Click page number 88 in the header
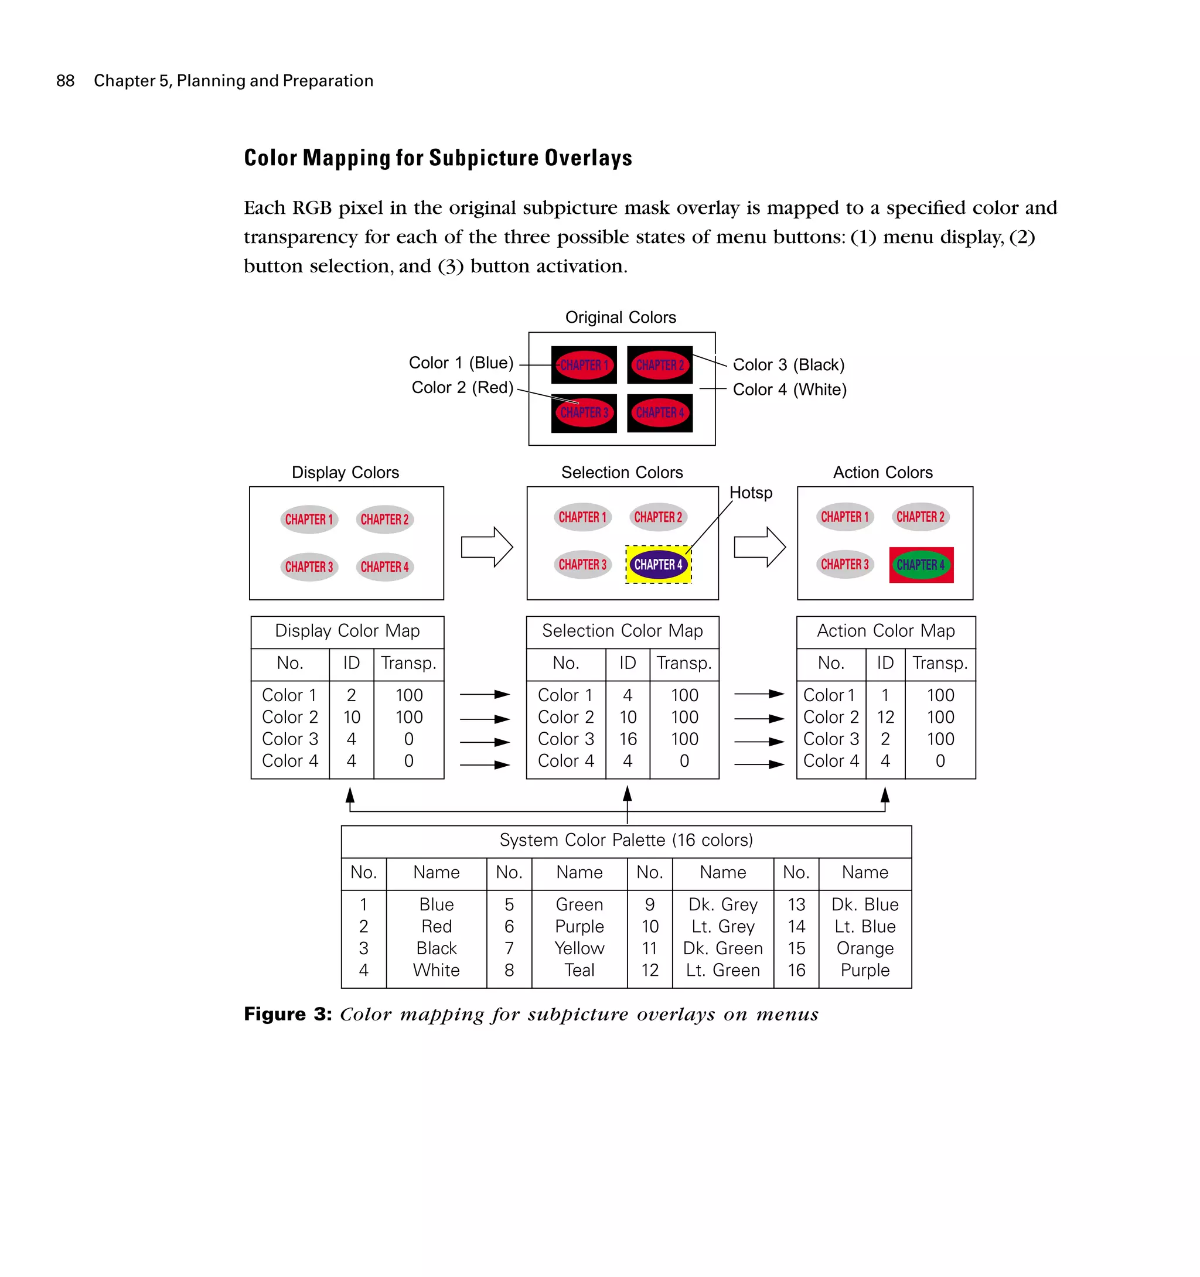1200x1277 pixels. pos(65,81)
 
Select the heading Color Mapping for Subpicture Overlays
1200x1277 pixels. pos(438,158)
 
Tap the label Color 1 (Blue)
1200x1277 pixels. pos(461,363)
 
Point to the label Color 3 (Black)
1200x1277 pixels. pos(788,365)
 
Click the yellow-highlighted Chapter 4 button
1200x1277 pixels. pos(659,565)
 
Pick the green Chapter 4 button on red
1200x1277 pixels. pos(921,565)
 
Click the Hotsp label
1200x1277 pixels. pos(751,493)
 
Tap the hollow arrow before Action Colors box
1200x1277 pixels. pos(759,547)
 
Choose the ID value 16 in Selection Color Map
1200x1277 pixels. pos(628,739)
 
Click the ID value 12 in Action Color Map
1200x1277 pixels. pos(885,718)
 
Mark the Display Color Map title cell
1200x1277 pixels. pos(347,631)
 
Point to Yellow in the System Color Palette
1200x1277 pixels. pos(579,949)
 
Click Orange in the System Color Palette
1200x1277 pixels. pos(865,949)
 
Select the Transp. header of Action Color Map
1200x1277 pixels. pos(940,664)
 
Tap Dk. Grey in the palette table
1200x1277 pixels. pos(722,905)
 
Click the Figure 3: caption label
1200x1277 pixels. pos(288,1014)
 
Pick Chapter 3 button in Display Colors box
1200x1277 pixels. pos(309,567)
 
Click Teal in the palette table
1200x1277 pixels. pos(579,971)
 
